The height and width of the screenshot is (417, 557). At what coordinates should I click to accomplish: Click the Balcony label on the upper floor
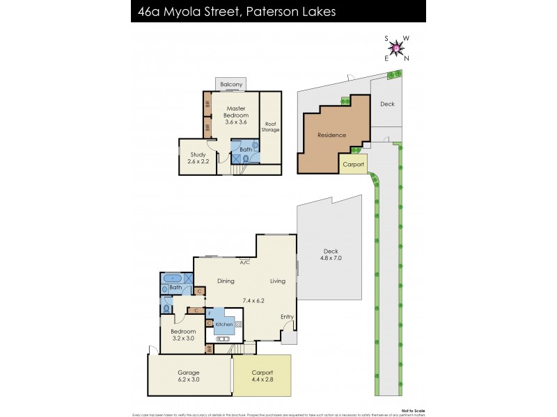[x=231, y=85]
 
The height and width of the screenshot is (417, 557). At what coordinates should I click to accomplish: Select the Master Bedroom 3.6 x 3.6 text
[x=236, y=115]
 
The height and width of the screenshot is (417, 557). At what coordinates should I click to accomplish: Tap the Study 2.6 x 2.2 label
[x=199, y=157]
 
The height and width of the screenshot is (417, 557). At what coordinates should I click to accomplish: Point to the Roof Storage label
[x=270, y=126]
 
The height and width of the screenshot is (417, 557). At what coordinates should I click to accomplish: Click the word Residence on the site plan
[x=331, y=135]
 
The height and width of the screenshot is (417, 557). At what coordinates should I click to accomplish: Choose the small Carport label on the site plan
[x=353, y=165]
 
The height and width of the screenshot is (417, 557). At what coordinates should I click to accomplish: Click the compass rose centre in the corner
[x=397, y=48]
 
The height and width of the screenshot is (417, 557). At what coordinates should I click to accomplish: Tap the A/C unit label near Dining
[x=244, y=263]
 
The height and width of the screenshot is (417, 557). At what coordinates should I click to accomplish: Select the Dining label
[x=225, y=281]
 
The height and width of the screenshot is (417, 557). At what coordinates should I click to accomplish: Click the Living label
[x=278, y=281]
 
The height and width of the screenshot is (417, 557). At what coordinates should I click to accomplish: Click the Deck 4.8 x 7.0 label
[x=333, y=254]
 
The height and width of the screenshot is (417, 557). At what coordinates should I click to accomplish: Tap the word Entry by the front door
[x=287, y=317]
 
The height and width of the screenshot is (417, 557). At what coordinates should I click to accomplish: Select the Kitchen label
[x=223, y=325]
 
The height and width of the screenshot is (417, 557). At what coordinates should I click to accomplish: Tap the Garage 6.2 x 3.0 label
[x=189, y=376]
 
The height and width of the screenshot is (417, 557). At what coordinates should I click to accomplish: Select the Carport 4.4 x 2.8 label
[x=262, y=376]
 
